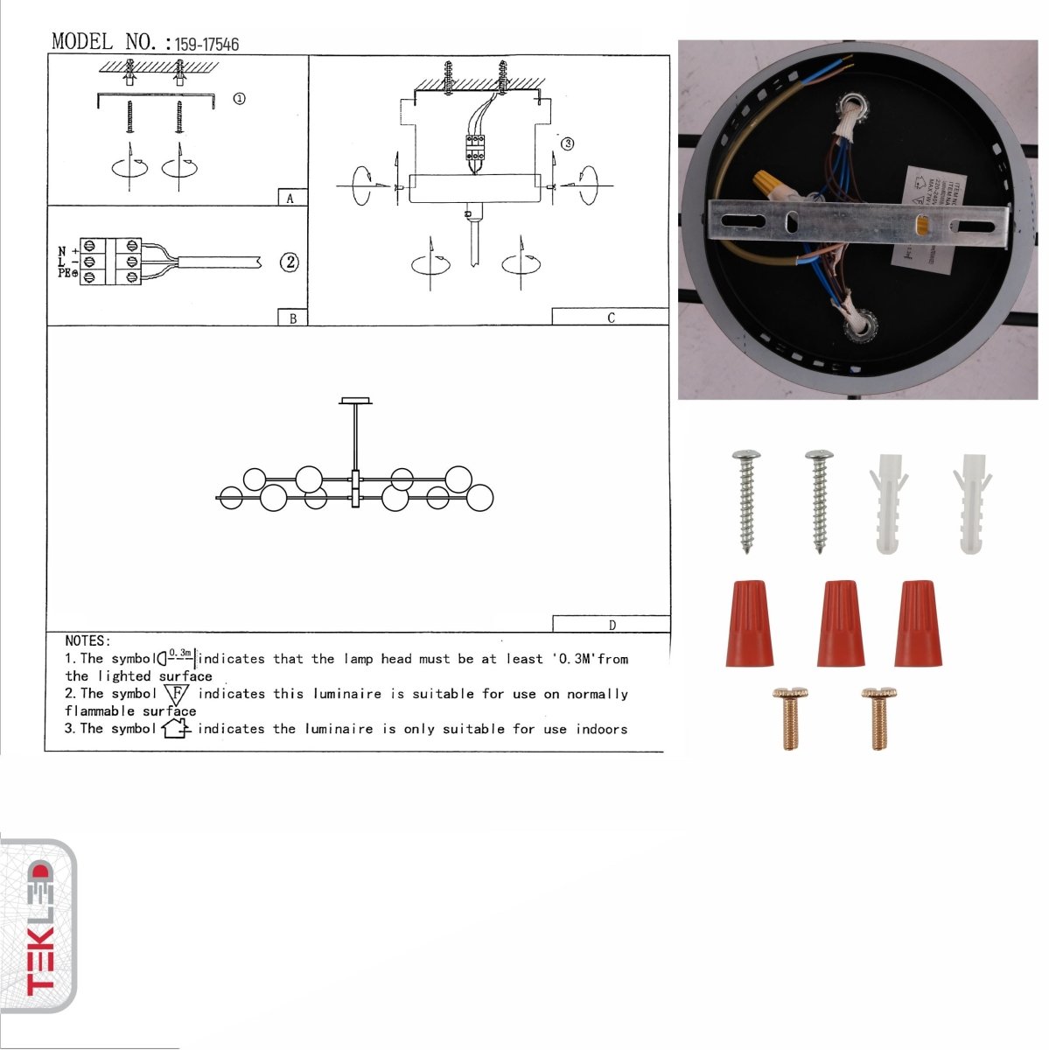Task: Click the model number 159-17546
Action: pyautogui.click(x=206, y=44)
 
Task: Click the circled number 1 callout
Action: pyautogui.click(x=239, y=99)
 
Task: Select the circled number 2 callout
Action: pyautogui.click(x=290, y=262)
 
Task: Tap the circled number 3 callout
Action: pyautogui.click(x=567, y=143)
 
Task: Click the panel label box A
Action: pyautogui.click(x=291, y=198)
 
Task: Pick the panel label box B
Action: pyautogui.click(x=292, y=318)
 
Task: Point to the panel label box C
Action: pyautogui.click(x=610, y=318)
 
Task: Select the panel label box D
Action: pyautogui.click(x=611, y=625)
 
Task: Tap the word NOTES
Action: pyautogui.click(x=87, y=641)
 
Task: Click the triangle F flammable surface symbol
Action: pyautogui.click(x=177, y=695)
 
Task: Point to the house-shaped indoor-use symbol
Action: pyautogui.click(x=176, y=728)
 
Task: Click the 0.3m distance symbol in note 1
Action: pyautogui.click(x=178, y=656)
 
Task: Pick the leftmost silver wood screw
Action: pyautogui.click(x=746, y=500)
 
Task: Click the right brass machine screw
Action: pyautogui.click(x=879, y=718)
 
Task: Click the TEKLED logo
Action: pyautogui.click(x=38, y=927)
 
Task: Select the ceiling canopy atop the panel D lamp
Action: pyautogui.click(x=355, y=402)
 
